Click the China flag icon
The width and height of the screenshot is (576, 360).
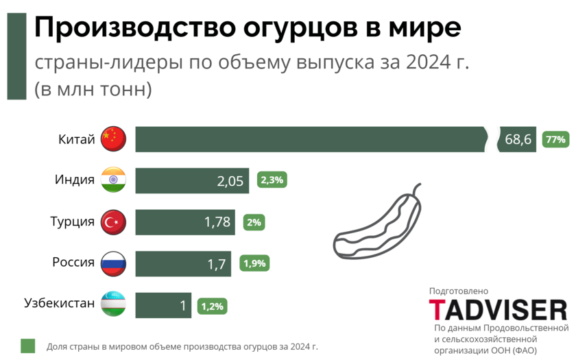tap(113, 139)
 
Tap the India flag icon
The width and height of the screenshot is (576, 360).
tap(113, 180)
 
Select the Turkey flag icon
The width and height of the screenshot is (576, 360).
tap(113, 221)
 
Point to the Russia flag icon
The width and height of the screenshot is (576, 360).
tap(113, 263)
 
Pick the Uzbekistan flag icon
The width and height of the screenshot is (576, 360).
tap(113, 304)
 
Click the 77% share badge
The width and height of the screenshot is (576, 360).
tap(555, 139)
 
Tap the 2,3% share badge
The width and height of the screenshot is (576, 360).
tap(272, 180)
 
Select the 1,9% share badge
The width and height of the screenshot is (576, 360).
tap(254, 263)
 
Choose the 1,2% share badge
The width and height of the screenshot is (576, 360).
tap(212, 306)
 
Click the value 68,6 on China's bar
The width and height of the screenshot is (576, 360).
tap(518, 140)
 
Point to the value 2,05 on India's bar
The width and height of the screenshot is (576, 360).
tap(230, 181)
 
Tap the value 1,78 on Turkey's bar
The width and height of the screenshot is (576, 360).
tap(218, 222)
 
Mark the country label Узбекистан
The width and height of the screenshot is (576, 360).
tap(59, 303)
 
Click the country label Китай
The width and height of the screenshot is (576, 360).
tap(76, 139)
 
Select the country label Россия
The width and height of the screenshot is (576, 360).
tap(73, 262)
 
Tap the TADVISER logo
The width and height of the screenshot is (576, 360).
tap(498, 309)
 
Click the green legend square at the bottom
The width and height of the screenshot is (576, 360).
tap(27, 346)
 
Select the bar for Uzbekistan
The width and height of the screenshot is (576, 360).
tap(163, 305)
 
